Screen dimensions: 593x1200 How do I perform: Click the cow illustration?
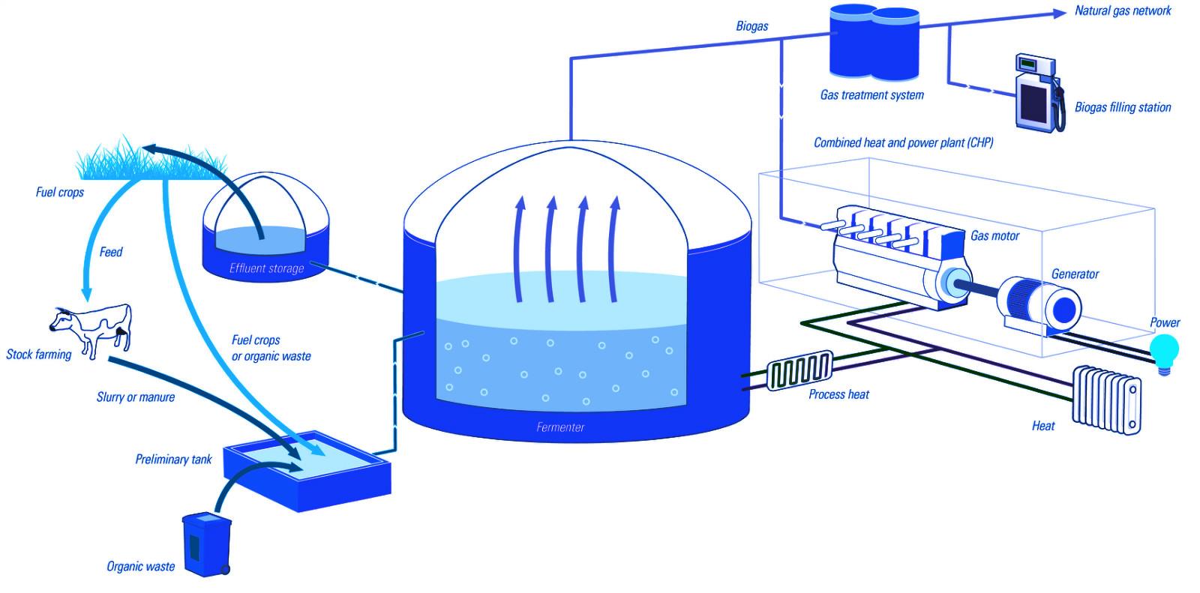[93, 329]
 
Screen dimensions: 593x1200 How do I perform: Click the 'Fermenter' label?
[560, 427]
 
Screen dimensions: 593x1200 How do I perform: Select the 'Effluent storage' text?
[267, 268]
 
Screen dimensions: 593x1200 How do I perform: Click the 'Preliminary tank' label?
[173, 459]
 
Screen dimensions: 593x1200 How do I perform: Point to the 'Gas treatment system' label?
[871, 95]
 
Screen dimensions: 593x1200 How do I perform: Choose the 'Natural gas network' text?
[1122, 10]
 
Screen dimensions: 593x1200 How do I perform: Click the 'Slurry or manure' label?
[136, 397]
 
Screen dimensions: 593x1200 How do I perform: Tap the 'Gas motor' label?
[994, 235]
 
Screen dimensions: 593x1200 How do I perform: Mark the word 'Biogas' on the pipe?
[751, 26]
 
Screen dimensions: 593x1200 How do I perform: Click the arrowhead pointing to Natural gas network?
[1059, 13]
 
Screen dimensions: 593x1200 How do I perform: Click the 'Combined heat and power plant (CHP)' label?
[903, 142]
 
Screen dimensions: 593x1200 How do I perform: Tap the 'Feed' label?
[110, 252]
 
